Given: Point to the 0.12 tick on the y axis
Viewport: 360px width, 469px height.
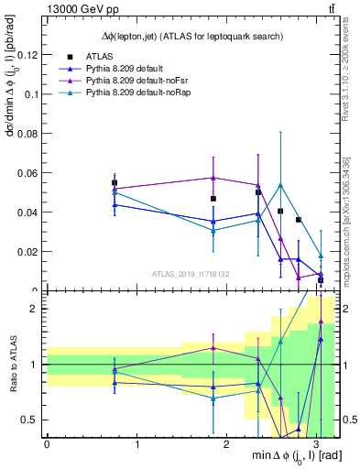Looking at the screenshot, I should tap(27, 55).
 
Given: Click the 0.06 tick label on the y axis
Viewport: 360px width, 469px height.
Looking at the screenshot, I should tap(27, 173).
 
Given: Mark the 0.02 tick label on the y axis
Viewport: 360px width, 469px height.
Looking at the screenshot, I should tap(27, 252).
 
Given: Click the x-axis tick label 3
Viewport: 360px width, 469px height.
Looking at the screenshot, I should tap(316, 444).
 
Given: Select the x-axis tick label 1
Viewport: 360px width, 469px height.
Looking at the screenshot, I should tap(136, 444).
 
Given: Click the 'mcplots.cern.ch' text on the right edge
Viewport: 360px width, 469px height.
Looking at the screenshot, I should tap(353, 220).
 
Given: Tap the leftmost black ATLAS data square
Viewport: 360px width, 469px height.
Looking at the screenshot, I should tap(115, 183).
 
